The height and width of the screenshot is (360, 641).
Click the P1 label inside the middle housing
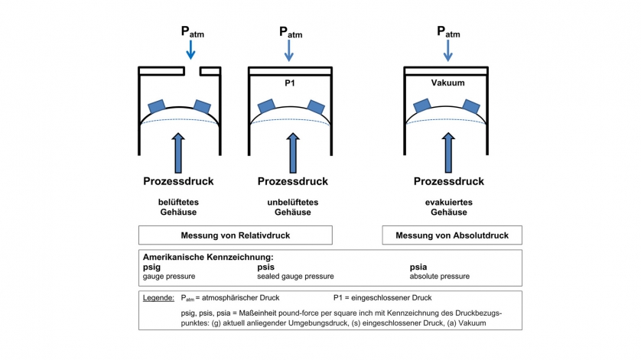[x=289, y=82]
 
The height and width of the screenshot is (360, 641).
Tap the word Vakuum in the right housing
[x=448, y=82]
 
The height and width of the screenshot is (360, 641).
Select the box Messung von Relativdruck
[x=235, y=235]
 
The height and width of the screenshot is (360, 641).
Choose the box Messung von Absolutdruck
[x=451, y=235]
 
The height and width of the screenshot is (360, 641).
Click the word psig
[x=151, y=268]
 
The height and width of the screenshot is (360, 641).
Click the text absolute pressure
[x=440, y=276]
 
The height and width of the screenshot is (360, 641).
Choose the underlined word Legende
[x=158, y=297]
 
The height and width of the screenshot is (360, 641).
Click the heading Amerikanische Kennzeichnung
[x=208, y=258]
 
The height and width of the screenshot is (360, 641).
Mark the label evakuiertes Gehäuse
[x=448, y=207]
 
